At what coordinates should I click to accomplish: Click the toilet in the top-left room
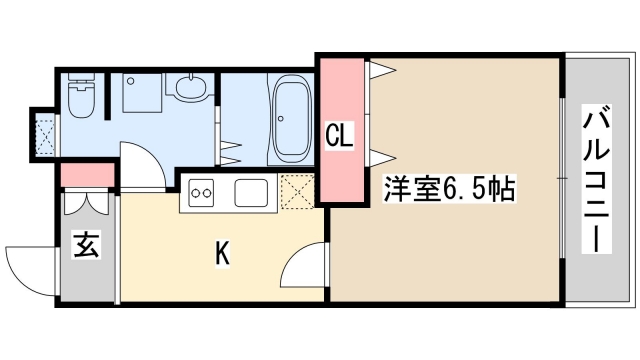(x=80, y=98)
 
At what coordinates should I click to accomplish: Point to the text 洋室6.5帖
(x=448, y=188)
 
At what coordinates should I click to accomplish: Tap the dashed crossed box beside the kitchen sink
(x=297, y=189)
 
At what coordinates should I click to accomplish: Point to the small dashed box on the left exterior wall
(x=43, y=129)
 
